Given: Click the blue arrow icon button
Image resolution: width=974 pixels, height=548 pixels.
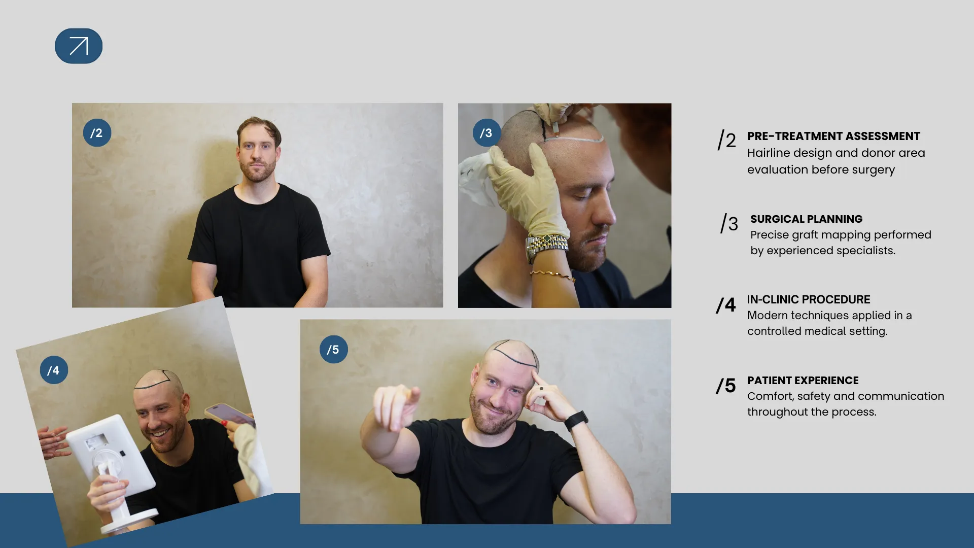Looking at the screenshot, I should pos(79,46).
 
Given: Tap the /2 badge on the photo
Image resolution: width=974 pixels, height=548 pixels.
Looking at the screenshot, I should pos(97,133).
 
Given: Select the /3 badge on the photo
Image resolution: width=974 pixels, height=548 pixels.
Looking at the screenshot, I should pos(486,133).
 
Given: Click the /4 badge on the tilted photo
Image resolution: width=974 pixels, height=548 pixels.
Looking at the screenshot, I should pos(54,370).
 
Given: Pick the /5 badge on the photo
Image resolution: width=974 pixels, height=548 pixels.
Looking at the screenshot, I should pos(333,350).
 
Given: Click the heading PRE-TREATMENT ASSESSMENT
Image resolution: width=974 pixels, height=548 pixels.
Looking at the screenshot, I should pos(833,136).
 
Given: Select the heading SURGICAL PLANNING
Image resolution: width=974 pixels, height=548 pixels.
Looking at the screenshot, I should pos(806,219).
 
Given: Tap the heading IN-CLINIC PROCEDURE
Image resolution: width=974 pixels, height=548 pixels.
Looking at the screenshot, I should pos(809,299).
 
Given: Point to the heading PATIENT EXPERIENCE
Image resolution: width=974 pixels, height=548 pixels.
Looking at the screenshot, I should pos(803,381).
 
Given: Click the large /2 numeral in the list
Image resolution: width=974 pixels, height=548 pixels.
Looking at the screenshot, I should pos(727,140).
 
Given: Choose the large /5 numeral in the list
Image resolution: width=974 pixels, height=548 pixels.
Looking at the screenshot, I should pos(726,386).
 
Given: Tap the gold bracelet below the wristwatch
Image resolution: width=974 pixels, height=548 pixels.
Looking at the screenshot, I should pos(551,275).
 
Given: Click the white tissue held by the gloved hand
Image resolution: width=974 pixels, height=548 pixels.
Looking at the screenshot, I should pos(476,178).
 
